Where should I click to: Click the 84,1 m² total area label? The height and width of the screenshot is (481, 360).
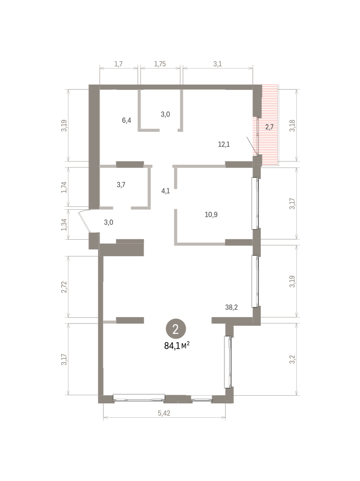point(177,346)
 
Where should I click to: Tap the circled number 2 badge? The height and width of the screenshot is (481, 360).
point(176,329)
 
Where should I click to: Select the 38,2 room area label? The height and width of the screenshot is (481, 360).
point(231,307)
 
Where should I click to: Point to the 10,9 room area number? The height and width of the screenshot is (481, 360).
point(211,214)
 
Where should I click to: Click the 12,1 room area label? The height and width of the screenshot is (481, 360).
point(224,144)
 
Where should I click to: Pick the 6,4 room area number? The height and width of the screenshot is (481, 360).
point(127,120)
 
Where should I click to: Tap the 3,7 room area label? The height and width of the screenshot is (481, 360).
point(121,185)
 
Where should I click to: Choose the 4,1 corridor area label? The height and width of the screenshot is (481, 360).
point(165,191)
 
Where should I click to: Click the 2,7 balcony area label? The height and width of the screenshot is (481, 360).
point(269,127)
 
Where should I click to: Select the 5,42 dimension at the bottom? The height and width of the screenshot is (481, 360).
point(164,413)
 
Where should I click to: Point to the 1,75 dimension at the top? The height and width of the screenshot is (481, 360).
point(160,64)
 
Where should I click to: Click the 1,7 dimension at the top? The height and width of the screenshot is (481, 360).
point(119,64)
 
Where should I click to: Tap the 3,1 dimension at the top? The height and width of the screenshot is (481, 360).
point(217,64)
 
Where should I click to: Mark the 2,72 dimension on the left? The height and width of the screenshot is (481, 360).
point(64,287)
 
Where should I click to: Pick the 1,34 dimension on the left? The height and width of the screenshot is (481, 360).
point(64,224)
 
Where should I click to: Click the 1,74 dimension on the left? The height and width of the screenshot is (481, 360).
point(64,187)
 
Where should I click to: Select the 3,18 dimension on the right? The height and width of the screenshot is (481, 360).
point(292,125)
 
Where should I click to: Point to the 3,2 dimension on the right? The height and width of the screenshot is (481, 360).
point(292,360)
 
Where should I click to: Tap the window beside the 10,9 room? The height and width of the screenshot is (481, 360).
point(255,203)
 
